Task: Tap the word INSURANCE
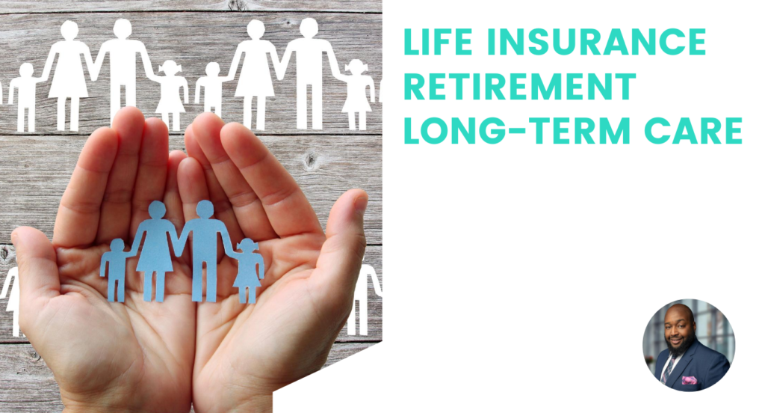click(x=597, y=42)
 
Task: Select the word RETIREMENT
click(x=520, y=86)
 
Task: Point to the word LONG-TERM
click(x=517, y=130)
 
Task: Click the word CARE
click(x=693, y=130)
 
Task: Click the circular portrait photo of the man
click(x=688, y=345)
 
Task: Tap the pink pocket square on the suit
click(x=689, y=380)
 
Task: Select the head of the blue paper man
click(x=205, y=209)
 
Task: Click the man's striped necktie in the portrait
click(x=667, y=369)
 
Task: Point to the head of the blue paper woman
click(x=157, y=209)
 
